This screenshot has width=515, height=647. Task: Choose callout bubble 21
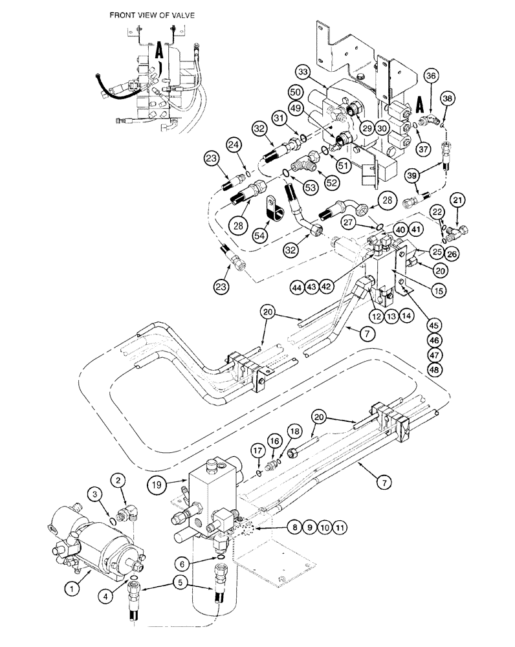tap(457, 203)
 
